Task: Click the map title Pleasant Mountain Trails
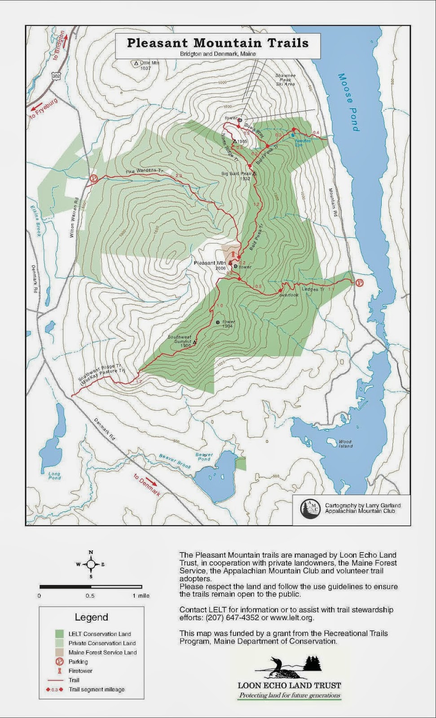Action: [x=218, y=43]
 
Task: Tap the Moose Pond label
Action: [x=349, y=102]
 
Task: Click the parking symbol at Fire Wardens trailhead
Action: [x=94, y=178]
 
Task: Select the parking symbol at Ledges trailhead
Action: [x=359, y=283]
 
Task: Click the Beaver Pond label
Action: [x=204, y=457]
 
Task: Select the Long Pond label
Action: [x=54, y=475]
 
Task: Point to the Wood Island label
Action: [x=345, y=444]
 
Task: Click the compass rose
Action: [x=91, y=564]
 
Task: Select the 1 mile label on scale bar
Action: [x=141, y=595]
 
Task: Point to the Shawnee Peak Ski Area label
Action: [x=286, y=80]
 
